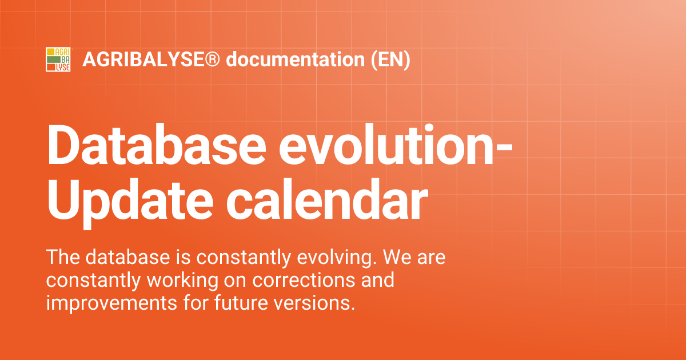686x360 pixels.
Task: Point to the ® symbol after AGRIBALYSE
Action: (x=213, y=59)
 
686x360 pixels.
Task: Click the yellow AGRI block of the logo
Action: (x=58, y=52)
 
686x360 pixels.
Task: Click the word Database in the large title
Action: (x=154, y=145)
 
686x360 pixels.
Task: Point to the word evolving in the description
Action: (x=339, y=258)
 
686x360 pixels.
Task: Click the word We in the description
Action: (x=395, y=258)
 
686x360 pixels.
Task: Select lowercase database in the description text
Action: (x=127, y=258)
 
